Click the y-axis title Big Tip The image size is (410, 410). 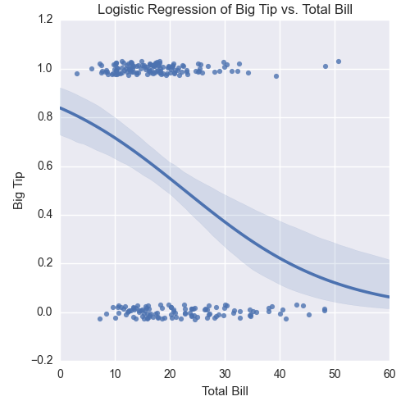(19, 190)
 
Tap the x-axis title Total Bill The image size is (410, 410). (224, 391)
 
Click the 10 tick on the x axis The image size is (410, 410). (115, 373)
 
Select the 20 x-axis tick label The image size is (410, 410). (170, 373)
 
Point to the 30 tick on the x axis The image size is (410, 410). (225, 373)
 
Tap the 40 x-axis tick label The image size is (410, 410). (280, 373)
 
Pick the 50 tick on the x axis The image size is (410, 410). (335, 373)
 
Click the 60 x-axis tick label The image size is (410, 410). (389, 373)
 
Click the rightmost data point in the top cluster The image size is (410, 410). (339, 61)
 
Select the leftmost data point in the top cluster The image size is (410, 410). (77, 74)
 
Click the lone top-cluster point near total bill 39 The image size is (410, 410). (276, 76)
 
